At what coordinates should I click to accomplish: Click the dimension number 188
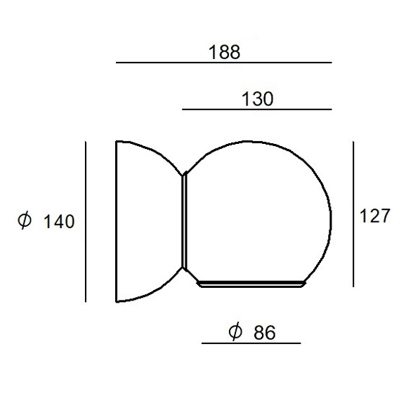(224, 52)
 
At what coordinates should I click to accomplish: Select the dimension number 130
(257, 99)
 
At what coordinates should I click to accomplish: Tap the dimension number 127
(375, 216)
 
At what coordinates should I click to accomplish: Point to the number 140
(59, 222)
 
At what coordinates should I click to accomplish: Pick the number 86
(264, 332)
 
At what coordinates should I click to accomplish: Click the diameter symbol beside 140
(25, 221)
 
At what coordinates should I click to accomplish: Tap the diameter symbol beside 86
(235, 331)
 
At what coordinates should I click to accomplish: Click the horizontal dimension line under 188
(224, 62)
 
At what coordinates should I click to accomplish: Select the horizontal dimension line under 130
(257, 110)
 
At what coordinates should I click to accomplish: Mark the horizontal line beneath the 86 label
(251, 343)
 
